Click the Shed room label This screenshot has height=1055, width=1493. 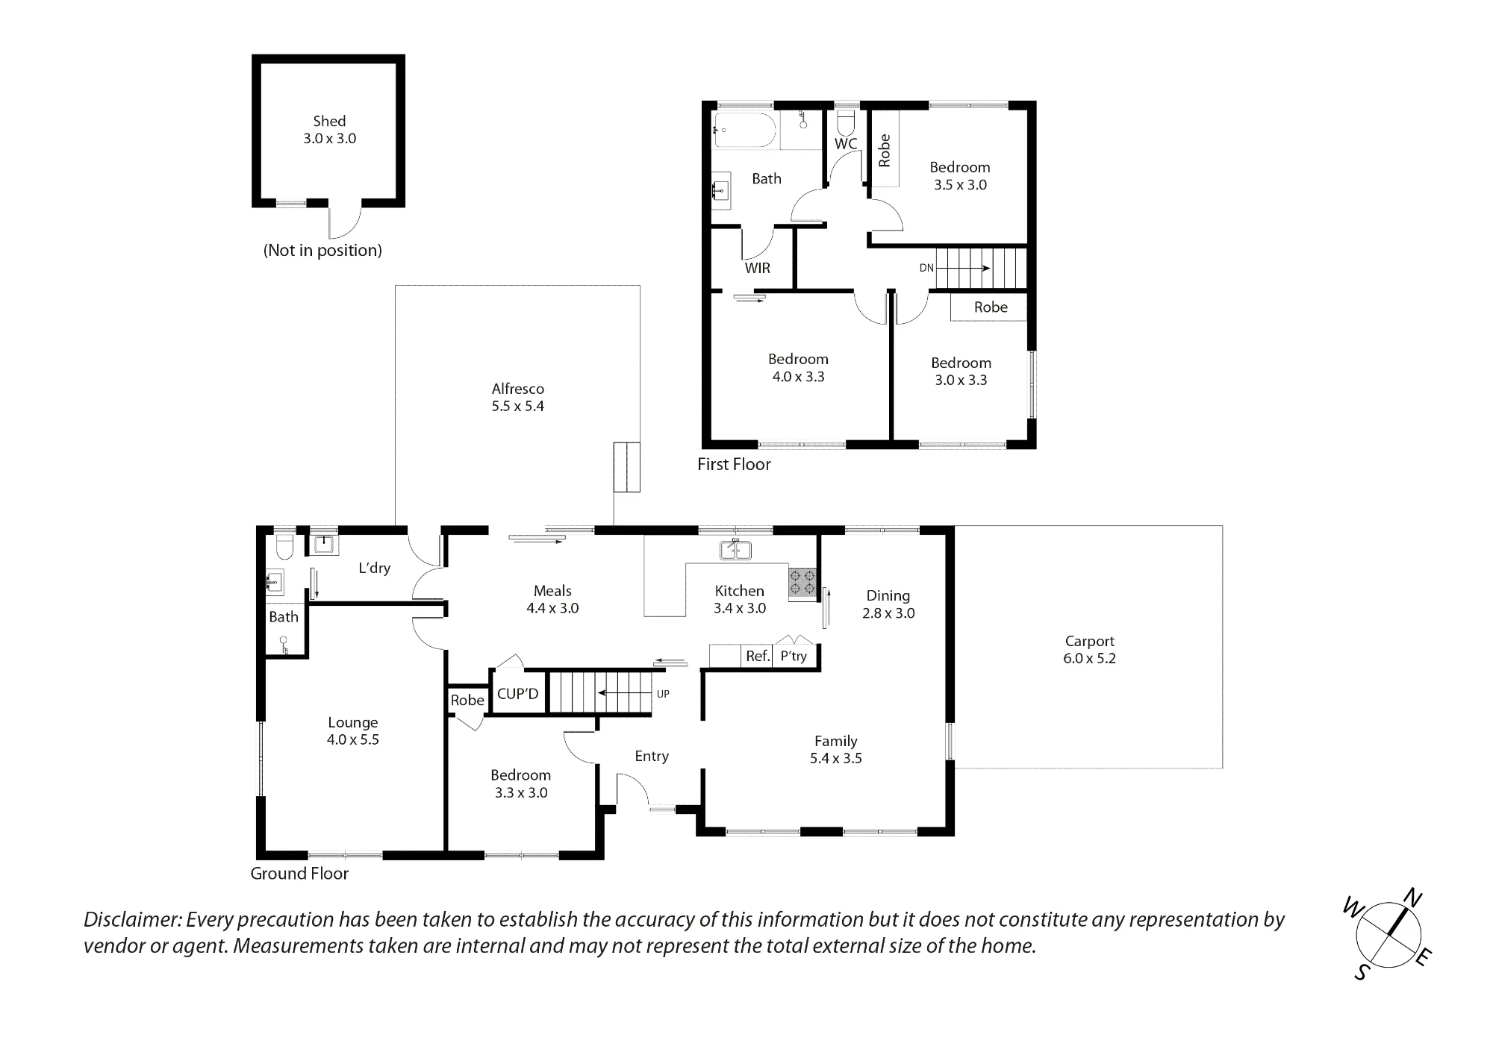[329, 130]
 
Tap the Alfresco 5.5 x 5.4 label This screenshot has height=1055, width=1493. [517, 397]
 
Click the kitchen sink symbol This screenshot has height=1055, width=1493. [735, 550]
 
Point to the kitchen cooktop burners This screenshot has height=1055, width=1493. [802, 584]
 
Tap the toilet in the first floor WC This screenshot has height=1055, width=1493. [846, 121]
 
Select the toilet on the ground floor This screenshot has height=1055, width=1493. [284, 547]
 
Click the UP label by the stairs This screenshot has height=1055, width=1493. [663, 694]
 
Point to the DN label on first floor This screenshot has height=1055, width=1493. [926, 268]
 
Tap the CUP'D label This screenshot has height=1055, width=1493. [517, 694]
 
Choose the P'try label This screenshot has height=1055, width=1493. [794, 657]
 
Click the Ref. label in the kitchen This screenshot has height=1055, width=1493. [758, 657]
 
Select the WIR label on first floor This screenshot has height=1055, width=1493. [757, 268]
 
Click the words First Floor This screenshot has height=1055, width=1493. [734, 464]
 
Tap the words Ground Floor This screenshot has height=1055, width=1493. [299, 874]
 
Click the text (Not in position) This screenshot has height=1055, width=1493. [322, 251]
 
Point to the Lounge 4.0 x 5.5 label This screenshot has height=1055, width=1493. [353, 731]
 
